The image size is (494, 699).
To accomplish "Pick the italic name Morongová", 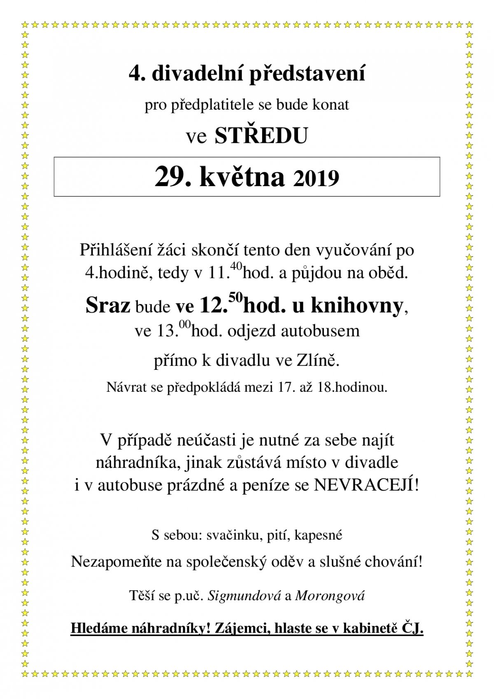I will (330, 596).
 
